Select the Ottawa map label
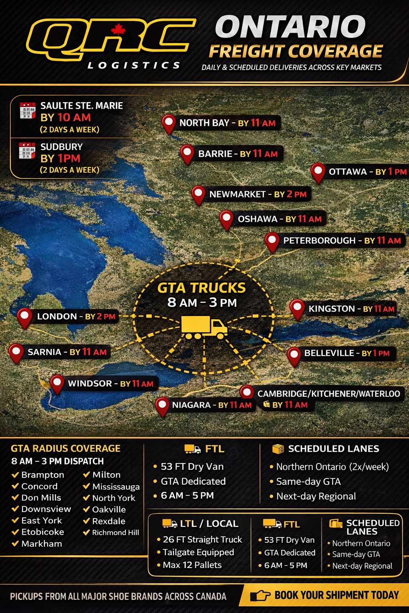pos(367,172)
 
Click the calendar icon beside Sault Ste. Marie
pos(28,111)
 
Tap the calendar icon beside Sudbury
pos(27,151)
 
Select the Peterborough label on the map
pos(341,241)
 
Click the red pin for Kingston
pos(297,308)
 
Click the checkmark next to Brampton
pos(16,475)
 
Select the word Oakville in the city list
pos(109,510)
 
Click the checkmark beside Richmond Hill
pos(86,532)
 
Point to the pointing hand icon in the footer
pos(260,596)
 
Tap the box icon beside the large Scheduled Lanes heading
pos(278,449)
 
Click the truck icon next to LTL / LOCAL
pos(169,524)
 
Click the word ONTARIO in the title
pos(290,27)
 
